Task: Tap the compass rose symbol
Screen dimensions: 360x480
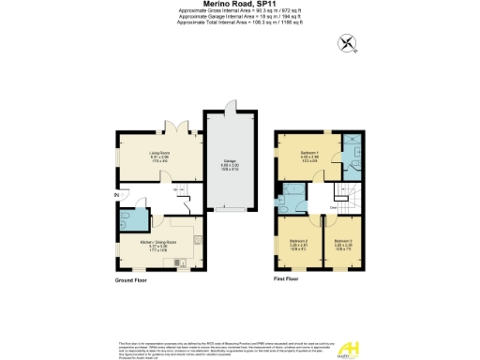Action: click(x=349, y=42)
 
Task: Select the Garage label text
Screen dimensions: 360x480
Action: click(x=230, y=162)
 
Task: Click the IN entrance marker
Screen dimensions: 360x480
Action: click(x=117, y=194)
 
